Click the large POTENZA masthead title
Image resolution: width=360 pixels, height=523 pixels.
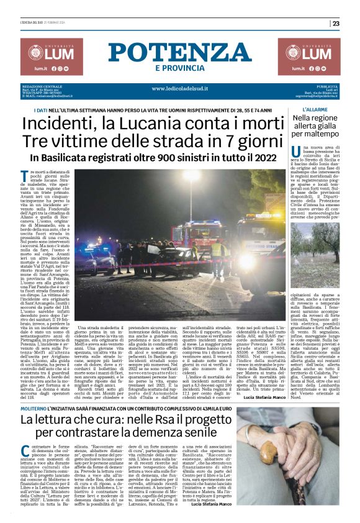point(180,52)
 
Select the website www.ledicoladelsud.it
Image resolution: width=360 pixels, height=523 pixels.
point(179,88)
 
